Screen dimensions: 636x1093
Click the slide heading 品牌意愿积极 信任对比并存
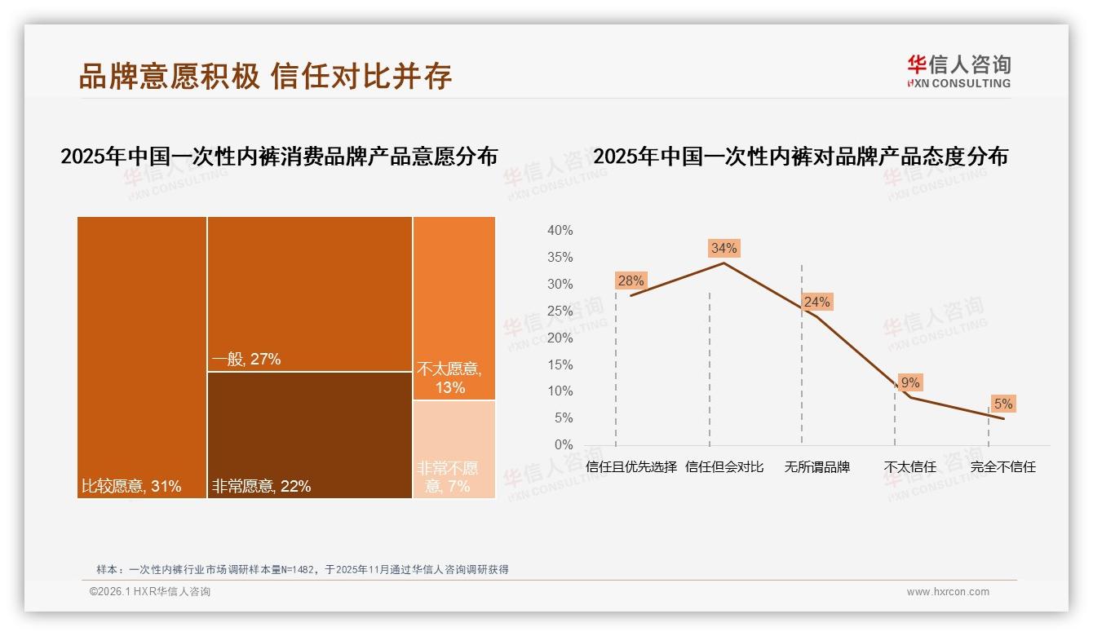[265, 76]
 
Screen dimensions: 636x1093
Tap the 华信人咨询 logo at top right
[958, 71]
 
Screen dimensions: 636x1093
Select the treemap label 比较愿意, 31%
[131, 487]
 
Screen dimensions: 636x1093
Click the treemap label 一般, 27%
[246, 359]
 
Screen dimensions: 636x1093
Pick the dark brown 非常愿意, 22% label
[262, 487]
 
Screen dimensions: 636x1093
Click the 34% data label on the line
[724, 248]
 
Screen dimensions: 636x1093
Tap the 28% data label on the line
[631, 280]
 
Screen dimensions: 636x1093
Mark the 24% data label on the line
[816, 302]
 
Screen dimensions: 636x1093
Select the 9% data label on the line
[909, 382]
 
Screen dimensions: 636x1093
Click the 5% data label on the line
[1002, 404]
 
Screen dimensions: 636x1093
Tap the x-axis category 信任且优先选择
[631, 467]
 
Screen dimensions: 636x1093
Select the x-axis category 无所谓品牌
[816, 467]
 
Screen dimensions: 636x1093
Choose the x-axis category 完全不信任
[1002, 467]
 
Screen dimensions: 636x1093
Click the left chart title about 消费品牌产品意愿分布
[279, 157]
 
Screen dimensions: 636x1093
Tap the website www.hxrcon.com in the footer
[948, 592]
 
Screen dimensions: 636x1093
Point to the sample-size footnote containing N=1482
[303, 569]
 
